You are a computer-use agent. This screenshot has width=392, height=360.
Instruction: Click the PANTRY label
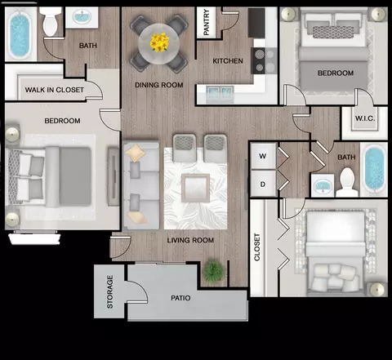pos(207,22)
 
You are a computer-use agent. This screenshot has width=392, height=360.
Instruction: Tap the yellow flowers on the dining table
pos(159,42)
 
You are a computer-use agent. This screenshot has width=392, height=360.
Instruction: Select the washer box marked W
pos(263,156)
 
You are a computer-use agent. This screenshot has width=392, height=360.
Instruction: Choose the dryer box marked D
pos(263,184)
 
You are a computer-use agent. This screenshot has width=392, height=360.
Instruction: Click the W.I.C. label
pos(365,118)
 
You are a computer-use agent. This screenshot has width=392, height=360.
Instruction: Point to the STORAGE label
pos(109,291)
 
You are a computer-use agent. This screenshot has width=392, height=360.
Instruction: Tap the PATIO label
pos(180,298)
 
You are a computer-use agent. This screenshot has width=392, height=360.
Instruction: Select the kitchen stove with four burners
pos(264,60)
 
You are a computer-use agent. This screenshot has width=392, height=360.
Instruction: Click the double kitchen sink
pos(220,94)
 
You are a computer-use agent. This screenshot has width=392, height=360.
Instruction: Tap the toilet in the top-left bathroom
pos(51,21)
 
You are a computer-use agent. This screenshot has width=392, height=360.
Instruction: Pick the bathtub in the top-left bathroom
pos(20,33)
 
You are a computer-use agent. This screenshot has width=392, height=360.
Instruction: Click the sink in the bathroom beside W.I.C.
pos(323,185)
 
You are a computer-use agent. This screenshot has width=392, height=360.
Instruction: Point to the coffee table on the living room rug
pos(195,188)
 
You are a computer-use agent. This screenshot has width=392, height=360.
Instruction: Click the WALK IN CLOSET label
pos(55,90)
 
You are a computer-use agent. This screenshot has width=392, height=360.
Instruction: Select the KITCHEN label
pos(228,61)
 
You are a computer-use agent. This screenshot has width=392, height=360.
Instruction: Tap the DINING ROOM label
pos(159,85)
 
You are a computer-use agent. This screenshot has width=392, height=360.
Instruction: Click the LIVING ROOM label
pos(190,240)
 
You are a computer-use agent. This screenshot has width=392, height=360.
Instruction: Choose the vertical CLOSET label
pos(257,247)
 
